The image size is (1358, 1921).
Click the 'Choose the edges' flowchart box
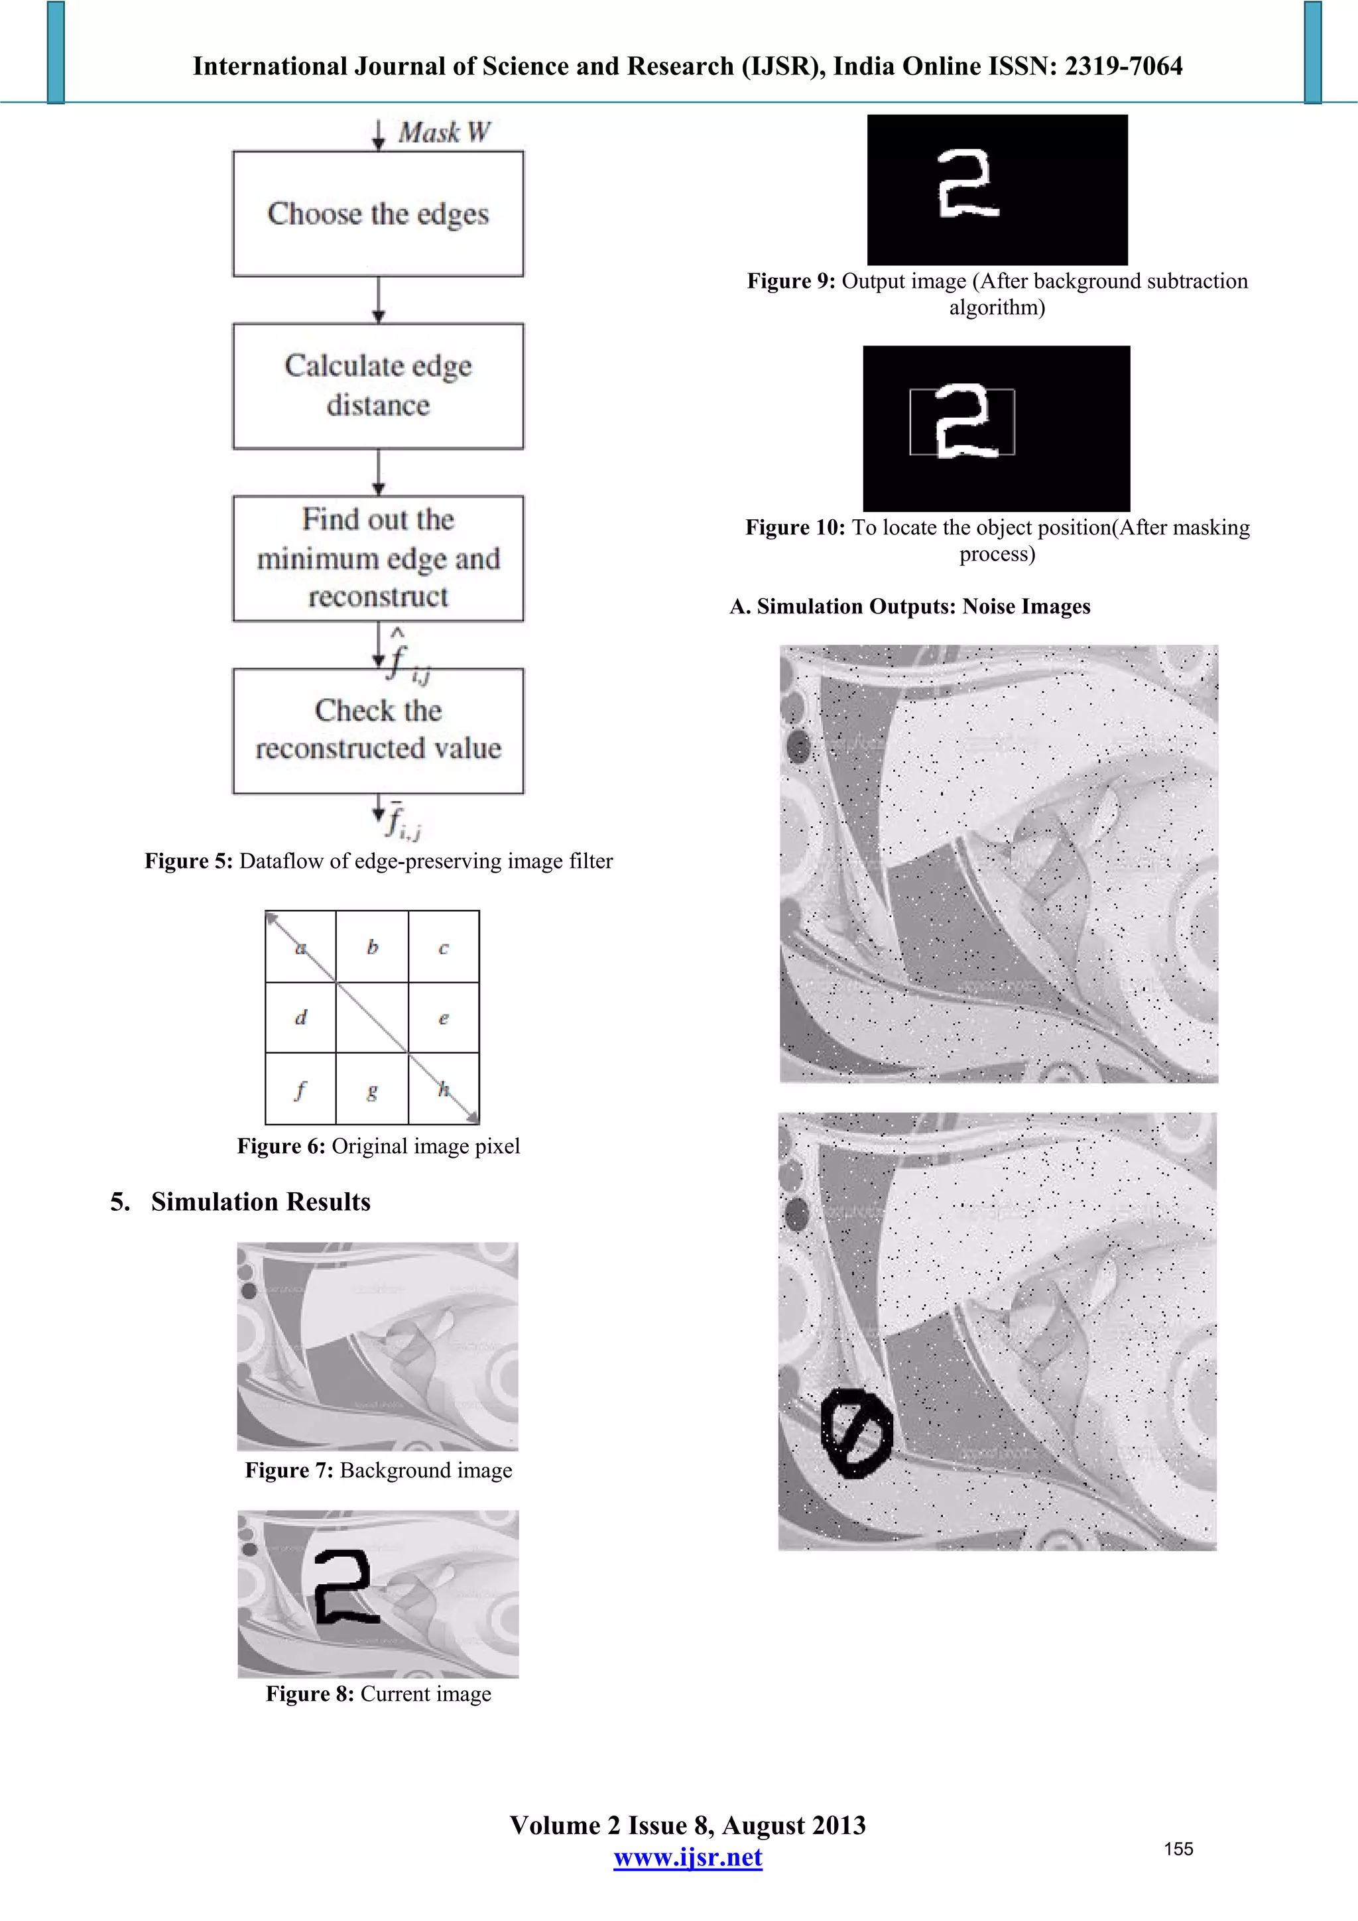coord(378,214)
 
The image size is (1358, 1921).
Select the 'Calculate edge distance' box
coord(378,386)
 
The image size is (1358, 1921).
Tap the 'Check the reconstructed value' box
coord(378,729)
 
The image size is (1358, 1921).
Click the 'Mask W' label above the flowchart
coord(444,132)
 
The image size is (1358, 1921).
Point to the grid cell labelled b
coord(373,946)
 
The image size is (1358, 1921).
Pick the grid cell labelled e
coord(444,1017)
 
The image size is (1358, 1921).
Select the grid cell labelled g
coord(373,1089)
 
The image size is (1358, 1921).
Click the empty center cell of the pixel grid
coord(373,1017)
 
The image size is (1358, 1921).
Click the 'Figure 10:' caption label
coord(795,528)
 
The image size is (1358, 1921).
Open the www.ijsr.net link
coord(688,1857)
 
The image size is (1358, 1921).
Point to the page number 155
coord(1178,1849)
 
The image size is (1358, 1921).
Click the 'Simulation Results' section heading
coord(260,1202)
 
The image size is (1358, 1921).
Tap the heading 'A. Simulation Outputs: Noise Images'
coord(910,607)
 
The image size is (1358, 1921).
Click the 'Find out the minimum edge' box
coord(378,558)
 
